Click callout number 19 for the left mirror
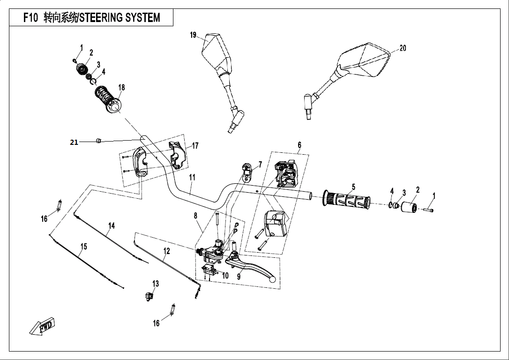193,36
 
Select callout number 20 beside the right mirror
403,48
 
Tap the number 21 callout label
74,142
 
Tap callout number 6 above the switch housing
299,145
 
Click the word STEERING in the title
105,18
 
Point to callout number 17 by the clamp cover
195,146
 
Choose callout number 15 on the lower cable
83,247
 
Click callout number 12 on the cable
166,251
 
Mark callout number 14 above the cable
112,226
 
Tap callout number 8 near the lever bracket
195,216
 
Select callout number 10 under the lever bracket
225,276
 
